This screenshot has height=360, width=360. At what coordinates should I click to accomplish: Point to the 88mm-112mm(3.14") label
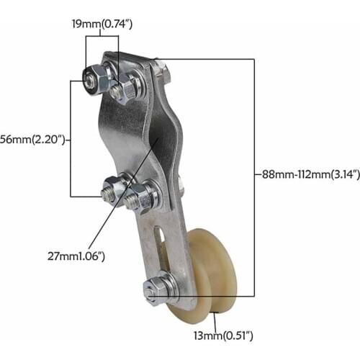pyautogui.click(x=302, y=173)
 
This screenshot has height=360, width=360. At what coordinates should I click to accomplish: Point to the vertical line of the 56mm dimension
pyautogui.click(x=70, y=137)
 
